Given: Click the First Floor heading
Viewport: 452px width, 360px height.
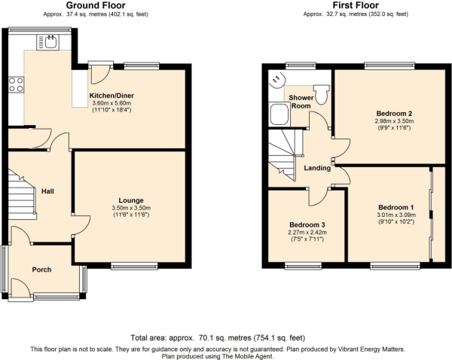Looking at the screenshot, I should (356, 5).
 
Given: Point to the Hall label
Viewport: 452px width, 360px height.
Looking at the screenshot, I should (47, 191).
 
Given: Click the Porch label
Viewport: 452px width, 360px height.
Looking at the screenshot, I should (42, 269).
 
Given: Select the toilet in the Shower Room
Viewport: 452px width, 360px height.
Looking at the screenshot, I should (321, 93).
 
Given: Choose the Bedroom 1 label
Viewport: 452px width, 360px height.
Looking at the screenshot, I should (395, 206).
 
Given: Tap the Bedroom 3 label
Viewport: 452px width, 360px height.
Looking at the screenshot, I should (307, 225).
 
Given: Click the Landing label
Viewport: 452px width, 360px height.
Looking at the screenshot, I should (317, 168).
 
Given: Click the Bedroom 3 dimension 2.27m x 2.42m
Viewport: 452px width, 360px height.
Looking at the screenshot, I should (307, 233).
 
